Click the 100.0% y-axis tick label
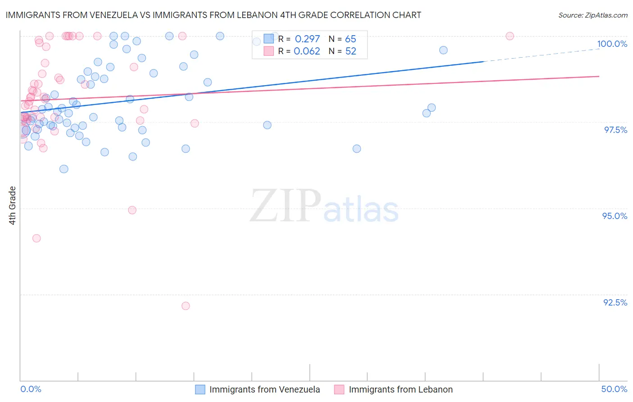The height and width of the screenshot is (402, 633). (612, 44)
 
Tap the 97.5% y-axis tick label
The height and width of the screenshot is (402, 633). (615, 130)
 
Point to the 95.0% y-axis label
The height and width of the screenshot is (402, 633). (615, 216)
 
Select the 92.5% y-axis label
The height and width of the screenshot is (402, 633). (615, 302)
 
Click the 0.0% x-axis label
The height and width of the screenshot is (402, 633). (31, 389)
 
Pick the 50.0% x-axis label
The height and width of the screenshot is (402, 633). (614, 389)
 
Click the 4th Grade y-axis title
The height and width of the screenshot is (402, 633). (13, 205)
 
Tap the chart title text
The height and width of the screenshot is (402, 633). (213, 15)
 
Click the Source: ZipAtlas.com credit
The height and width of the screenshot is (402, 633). (592, 15)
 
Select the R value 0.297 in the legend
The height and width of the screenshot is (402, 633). (307, 39)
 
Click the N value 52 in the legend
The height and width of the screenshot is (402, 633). (351, 51)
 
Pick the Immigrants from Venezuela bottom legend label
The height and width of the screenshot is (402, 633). (264, 389)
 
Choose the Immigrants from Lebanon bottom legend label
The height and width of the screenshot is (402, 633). (401, 389)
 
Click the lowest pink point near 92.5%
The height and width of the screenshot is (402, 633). (185, 306)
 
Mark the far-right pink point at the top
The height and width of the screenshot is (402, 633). (510, 36)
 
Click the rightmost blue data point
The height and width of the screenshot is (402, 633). (443, 50)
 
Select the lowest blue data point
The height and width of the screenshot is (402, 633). (64, 169)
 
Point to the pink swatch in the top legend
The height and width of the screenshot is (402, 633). (269, 51)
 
